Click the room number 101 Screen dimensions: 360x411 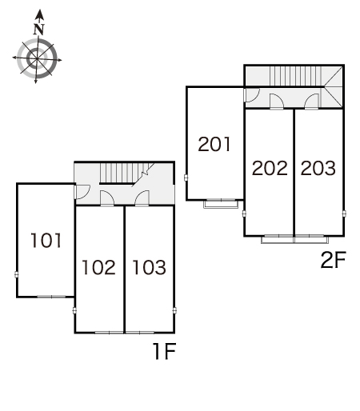pyautogui.click(x=46, y=240)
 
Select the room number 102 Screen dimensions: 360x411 pyautogui.click(x=98, y=267)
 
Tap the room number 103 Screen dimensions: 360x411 pyautogui.click(x=150, y=267)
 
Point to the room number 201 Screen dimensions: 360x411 pyautogui.click(x=214, y=144)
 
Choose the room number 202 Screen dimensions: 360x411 pyautogui.click(x=270, y=168)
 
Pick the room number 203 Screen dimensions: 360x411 pyautogui.click(x=318, y=168)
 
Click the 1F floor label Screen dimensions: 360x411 pyautogui.click(x=164, y=351)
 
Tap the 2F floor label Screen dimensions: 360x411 pyautogui.click(x=334, y=260)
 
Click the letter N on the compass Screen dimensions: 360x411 pyautogui.click(x=39, y=29)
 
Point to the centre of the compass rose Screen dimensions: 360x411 pyautogui.click(x=37, y=58)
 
